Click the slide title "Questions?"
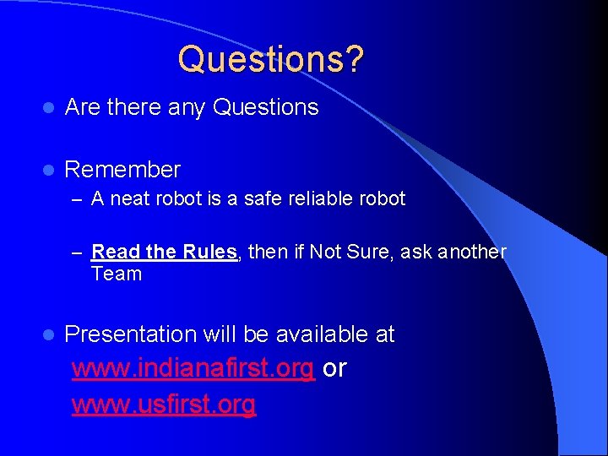pos(271,59)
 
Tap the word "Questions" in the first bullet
pos(266,107)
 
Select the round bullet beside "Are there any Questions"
pos(50,108)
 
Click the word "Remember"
pos(122,170)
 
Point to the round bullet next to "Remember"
pos(50,171)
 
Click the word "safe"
pos(260,199)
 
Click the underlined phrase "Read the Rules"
pos(165,252)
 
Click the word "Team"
pos(117,274)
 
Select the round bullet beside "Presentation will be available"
pos(50,335)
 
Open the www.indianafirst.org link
pos(193,369)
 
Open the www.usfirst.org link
pos(164,405)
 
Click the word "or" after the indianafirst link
pos(334,369)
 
